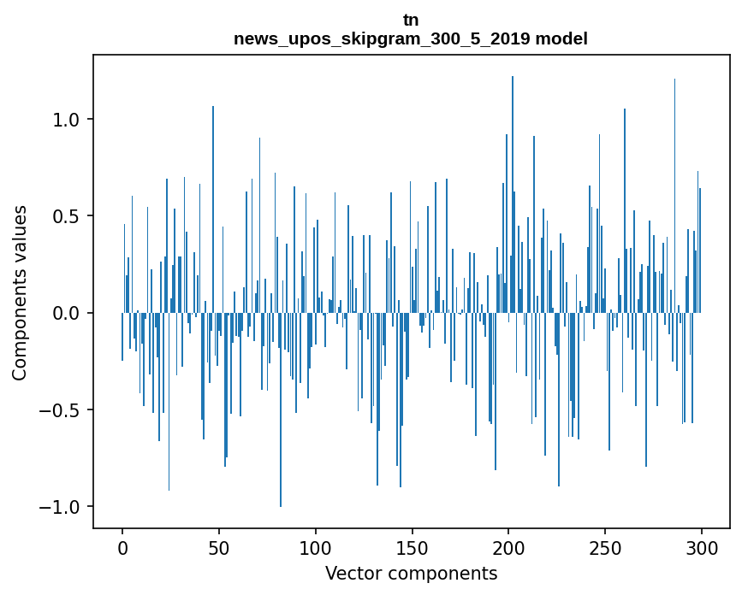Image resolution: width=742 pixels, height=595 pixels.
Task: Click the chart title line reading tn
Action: point(411,20)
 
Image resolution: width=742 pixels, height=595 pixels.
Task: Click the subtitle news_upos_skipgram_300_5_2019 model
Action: point(411,38)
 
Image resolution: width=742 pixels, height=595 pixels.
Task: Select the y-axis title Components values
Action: point(20,292)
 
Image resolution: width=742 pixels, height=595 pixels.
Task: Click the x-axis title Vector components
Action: point(411,573)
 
